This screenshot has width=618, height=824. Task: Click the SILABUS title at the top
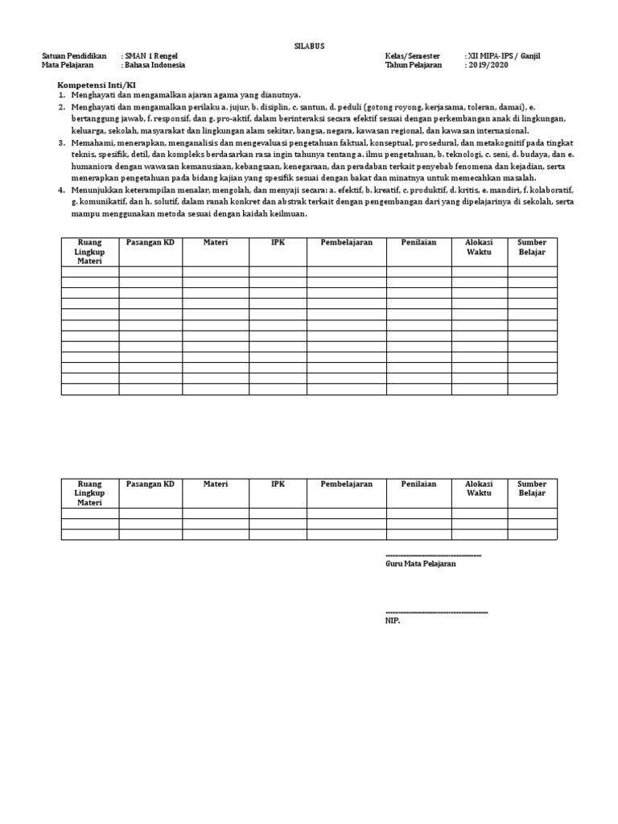point(309,47)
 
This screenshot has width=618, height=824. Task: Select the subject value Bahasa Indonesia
point(155,65)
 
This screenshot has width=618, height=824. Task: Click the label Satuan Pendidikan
point(74,56)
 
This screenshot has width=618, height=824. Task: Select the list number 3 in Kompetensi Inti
point(60,142)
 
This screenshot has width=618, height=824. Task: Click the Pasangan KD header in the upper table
point(150,242)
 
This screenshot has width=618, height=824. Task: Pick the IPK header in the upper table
point(278,242)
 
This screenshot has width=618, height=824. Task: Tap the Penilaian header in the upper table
point(418,242)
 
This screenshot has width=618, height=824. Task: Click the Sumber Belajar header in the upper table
point(532,247)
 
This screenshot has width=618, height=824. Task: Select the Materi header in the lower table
point(215,484)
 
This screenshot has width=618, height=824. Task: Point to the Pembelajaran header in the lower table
point(346,484)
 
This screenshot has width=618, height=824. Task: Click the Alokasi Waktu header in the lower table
point(479,488)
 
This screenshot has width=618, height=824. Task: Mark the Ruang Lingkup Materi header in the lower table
point(90,492)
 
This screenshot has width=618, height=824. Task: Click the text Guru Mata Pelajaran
point(420,564)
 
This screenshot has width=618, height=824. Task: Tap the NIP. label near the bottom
point(393,620)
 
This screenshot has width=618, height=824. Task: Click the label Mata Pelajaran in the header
point(68,65)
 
